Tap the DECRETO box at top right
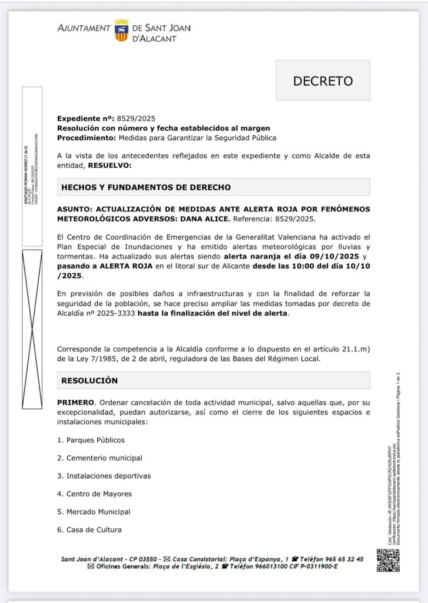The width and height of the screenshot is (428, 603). click(x=323, y=81)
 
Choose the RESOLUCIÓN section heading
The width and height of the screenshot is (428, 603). click(x=89, y=380)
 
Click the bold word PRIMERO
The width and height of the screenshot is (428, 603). click(x=75, y=402)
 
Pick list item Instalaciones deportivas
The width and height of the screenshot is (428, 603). click(x=108, y=476)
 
